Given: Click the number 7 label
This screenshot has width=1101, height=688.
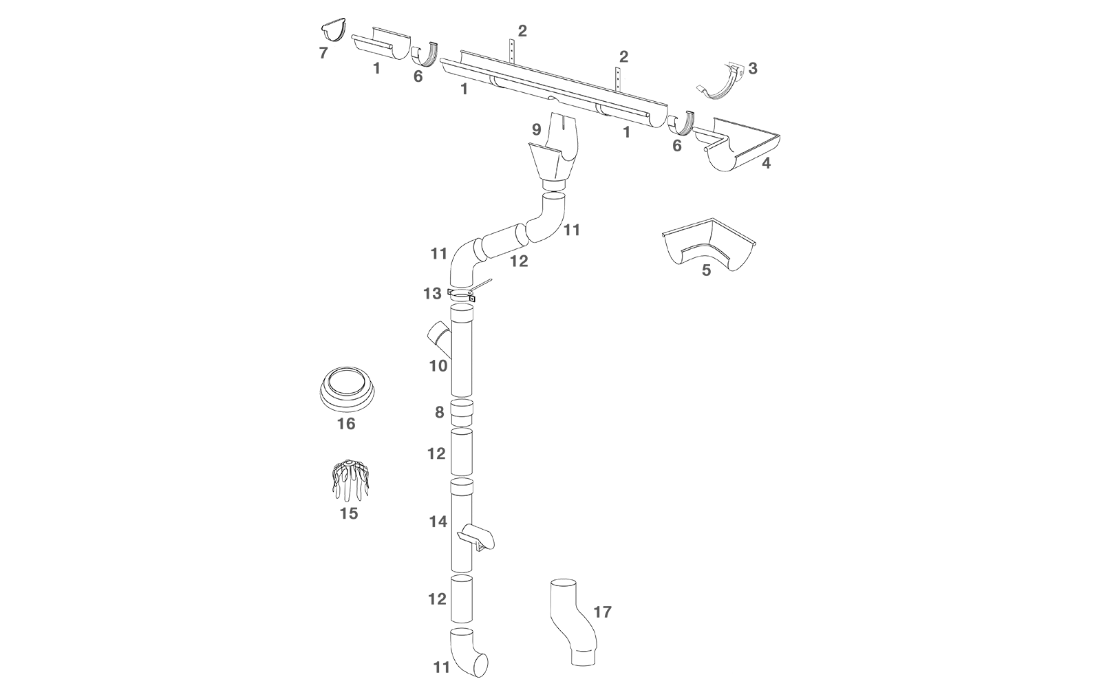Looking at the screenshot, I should pyautogui.click(x=323, y=53).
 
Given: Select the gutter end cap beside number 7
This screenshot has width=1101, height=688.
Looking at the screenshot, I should pyautogui.click(x=334, y=31).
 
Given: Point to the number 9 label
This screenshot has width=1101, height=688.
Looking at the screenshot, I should pyautogui.click(x=537, y=129).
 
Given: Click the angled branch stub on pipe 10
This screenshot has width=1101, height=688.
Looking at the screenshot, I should pyautogui.click(x=438, y=336).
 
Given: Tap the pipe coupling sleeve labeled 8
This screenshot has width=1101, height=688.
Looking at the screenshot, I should pyautogui.click(x=462, y=413).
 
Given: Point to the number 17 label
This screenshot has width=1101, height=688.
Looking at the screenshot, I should pyautogui.click(x=602, y=612).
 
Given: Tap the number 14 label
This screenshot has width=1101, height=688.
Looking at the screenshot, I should pyautogui.click(x=438, y=522).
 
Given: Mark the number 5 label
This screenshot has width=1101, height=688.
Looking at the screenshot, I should pyautogui.click(x=706, y=270).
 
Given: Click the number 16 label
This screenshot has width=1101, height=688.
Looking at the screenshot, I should pyautogui.click(x=346, y=424).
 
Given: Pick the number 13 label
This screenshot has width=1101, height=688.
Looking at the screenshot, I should pyautogui.click(x=432, y=294).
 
